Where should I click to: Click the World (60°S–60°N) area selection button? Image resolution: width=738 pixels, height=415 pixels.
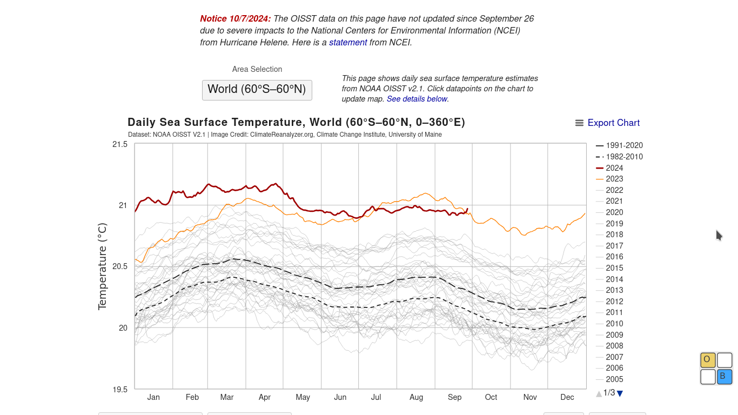(257, 90)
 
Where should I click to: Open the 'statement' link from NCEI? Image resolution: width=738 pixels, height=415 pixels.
(348, 42)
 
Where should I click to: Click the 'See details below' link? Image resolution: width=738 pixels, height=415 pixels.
(417, 99)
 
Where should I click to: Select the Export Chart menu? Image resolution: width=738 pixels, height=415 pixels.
(607, 123)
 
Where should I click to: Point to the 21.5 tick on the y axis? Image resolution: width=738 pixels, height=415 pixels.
(120, 144)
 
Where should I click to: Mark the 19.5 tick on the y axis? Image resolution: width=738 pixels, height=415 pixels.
(120, 390)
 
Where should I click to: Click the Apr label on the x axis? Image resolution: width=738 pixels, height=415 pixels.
(265, 397)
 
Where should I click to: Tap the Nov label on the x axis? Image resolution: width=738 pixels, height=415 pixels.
(530, 397)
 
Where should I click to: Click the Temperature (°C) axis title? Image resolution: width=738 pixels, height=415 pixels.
(102, 266)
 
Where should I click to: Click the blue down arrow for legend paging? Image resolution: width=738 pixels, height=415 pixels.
(620, 393)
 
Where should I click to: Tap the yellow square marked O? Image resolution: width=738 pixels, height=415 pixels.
(708, 360)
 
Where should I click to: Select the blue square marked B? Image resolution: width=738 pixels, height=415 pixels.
(724, 377)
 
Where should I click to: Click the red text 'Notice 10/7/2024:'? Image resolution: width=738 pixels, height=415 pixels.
(236, 18)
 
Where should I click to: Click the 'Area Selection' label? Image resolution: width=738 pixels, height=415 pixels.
(257, 69)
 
